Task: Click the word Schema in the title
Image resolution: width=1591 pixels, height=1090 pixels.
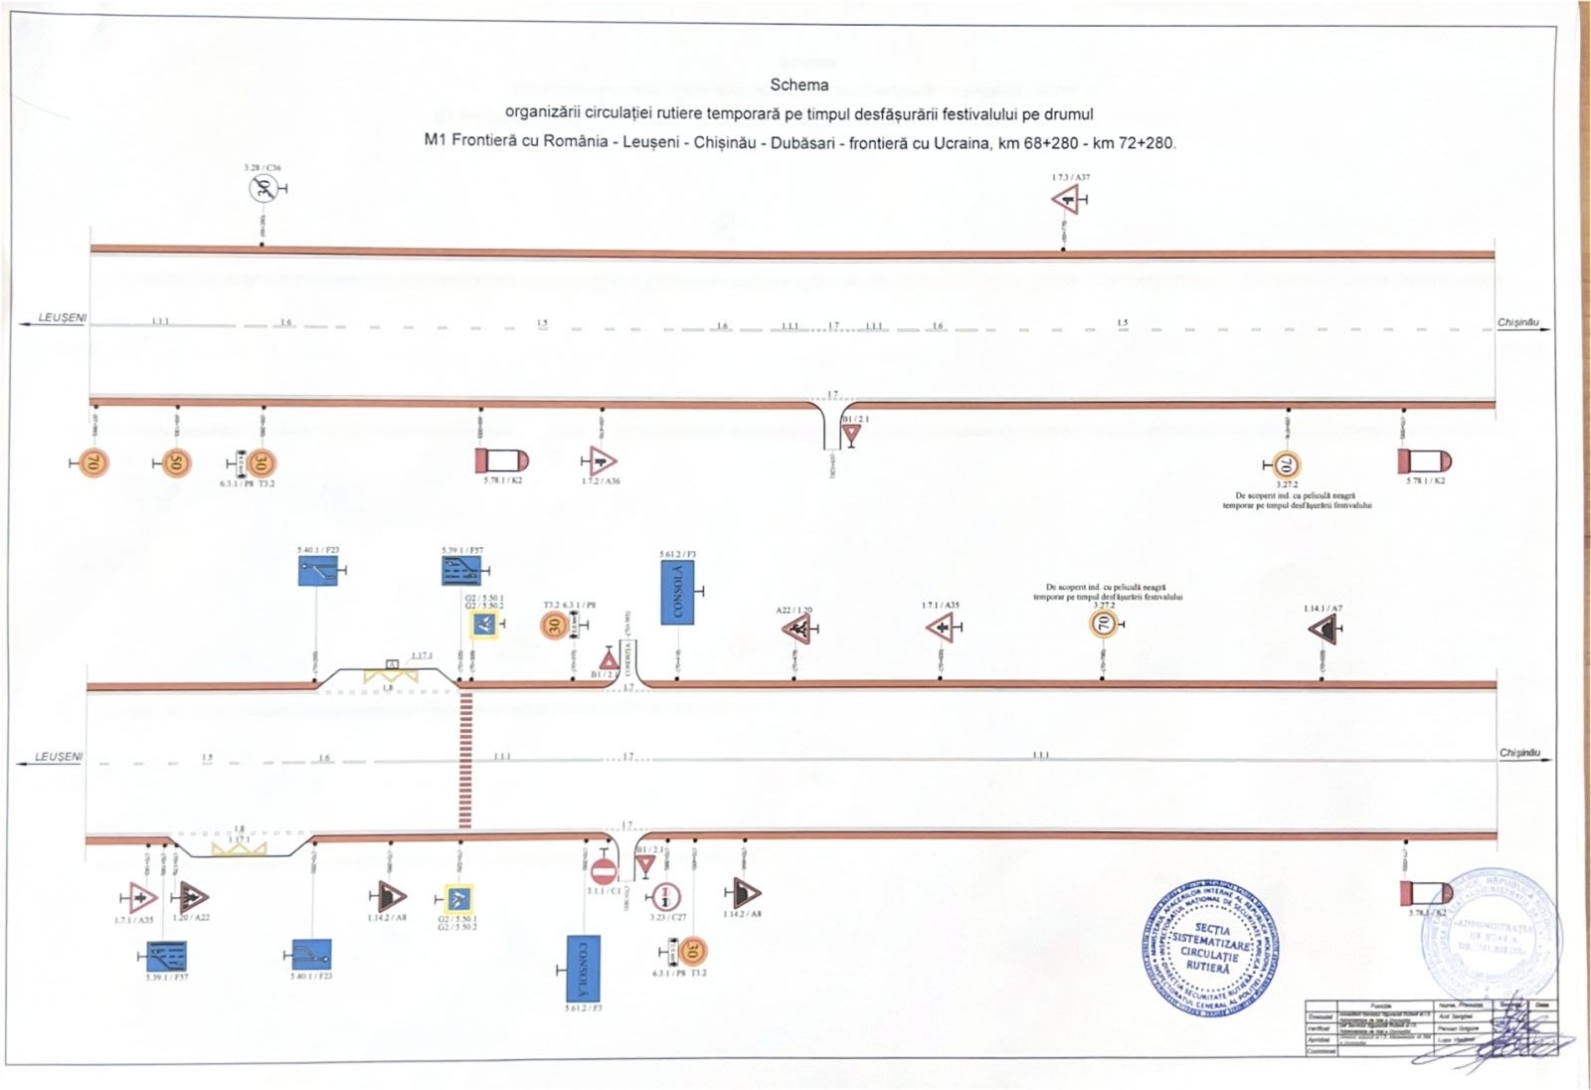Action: (798, 86)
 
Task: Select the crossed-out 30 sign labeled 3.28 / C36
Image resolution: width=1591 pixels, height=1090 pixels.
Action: (263, 187)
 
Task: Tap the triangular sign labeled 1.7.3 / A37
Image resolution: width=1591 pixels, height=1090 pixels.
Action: (1066, 200)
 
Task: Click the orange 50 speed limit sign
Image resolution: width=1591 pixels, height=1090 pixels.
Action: (176, 463)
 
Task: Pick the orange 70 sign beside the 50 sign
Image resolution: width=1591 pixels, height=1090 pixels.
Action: (92, 462)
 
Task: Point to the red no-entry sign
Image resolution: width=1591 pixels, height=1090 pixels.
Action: (603, 872)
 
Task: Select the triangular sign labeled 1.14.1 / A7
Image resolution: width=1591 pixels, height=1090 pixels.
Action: (1323, 629)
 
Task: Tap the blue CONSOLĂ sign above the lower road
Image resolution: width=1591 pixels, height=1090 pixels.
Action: (677, 593)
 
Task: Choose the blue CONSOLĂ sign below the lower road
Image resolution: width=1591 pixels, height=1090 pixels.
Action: (583, 968)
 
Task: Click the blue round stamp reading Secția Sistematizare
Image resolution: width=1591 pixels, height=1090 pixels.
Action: (1209, 947)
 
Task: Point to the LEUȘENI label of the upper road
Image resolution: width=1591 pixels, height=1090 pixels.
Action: (62, 318)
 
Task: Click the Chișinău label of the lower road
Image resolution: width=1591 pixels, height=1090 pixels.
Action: (1518, 753)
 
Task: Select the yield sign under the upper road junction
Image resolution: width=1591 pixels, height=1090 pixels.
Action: (850, 434)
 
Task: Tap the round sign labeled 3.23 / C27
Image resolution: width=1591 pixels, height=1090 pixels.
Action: (664, 896)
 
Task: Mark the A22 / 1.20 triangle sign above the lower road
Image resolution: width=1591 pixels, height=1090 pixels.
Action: (795, 630)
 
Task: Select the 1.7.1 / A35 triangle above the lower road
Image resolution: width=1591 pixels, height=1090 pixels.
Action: (940, 629)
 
